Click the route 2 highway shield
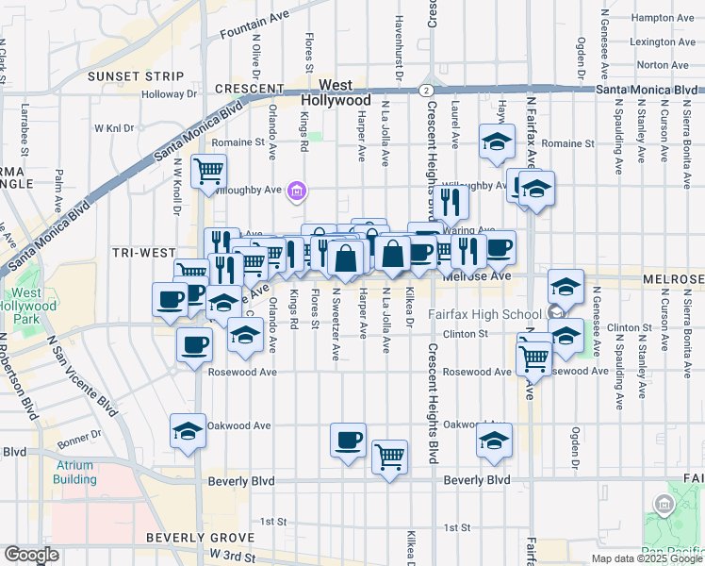(x=428, y=90)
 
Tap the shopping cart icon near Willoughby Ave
(x=208, y=173)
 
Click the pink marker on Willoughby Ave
(x=297, y=192)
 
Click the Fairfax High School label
(x=484, y=314)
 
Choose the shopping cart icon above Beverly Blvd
(x=389, y=457)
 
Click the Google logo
(x=31, y=555)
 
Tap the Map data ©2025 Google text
(x=647, y=558)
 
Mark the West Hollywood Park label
(x=26, y=306)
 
